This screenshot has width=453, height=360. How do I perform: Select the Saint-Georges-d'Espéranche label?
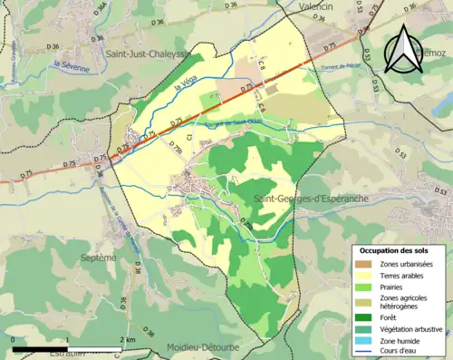point(305,198)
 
